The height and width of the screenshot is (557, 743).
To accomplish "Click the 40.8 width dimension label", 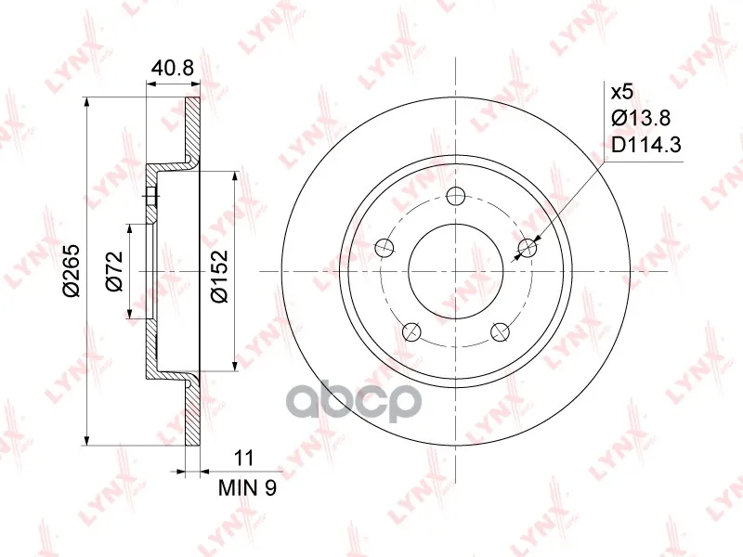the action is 173,68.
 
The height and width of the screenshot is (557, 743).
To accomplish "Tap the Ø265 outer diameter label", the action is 73,271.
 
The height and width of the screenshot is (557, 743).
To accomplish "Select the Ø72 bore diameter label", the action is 114,271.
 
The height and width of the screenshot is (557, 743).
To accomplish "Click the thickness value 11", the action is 244,458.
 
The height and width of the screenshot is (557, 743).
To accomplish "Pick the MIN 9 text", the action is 247,488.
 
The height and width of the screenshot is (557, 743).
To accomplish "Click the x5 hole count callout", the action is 621,92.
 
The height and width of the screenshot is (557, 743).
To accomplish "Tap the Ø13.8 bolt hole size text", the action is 641,118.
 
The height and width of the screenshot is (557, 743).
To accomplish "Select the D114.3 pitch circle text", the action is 646,145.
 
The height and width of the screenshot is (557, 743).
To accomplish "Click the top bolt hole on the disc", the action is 456,196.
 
